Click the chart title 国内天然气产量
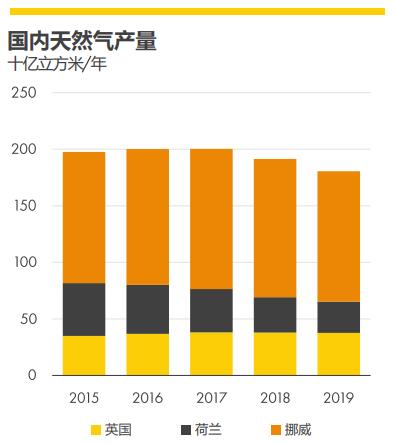tap(82, 41)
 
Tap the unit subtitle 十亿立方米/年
tap(58, 64)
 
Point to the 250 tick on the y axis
tap(24, 93)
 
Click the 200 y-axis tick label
tap(24, 149)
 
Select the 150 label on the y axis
tap(25, 206)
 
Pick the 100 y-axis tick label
tap(25, 262)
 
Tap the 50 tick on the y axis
tap(29, 319)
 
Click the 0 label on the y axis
tap(32, 375)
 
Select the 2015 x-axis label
tap(84, 398)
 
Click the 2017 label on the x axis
tap(211, 398)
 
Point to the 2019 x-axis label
tap(339, 398)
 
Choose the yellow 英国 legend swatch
tap(96, 430)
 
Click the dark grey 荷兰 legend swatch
tap(186, 430)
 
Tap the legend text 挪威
tap(298, 430)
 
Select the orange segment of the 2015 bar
tap(84, 218)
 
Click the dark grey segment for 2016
tap(148, 309)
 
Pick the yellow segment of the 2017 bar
tap(211, 354)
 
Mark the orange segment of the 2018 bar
tap(275, 228)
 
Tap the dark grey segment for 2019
tap(339, 317)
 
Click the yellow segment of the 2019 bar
tap(339, 354)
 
